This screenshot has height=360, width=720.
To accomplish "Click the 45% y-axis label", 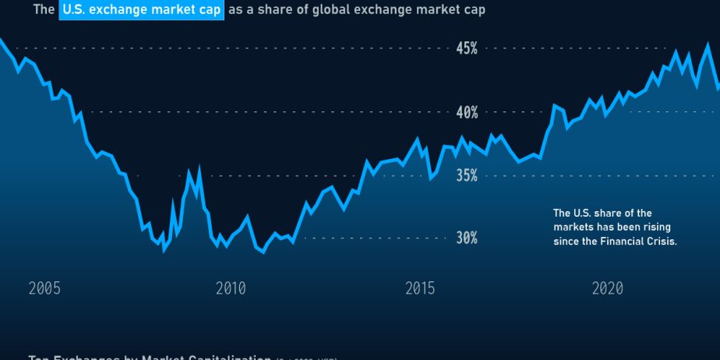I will coord(467,48).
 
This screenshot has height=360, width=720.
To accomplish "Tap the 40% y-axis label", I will coord(467,112).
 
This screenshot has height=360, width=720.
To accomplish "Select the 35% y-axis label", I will coord(467,175).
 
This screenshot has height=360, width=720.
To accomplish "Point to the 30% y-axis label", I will coord(467,238).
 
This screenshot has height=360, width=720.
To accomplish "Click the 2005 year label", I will coord(44,289).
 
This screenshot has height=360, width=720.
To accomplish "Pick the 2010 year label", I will coord(231,289).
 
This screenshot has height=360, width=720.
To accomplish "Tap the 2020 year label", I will coord(608,289).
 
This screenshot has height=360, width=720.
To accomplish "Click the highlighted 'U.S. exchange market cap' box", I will coord(142,11).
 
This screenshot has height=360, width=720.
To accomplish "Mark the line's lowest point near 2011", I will coord(263,252).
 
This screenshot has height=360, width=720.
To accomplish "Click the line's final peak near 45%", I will coord(708,44).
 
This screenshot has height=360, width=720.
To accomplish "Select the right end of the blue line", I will coord(718,88).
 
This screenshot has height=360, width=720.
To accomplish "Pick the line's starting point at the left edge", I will coord(1,39).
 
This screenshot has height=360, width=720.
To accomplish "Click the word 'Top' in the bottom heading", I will coord(38,358).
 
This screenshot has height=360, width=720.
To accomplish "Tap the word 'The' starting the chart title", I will coord(43,11).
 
